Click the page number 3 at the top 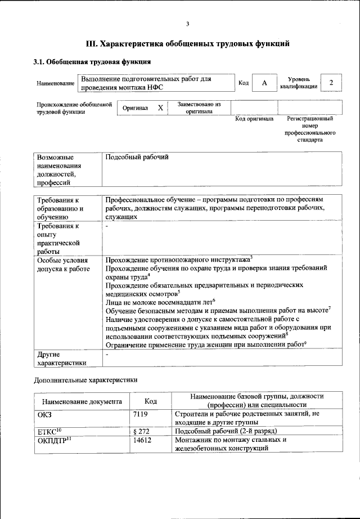(x=188, y=23)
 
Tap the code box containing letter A (x=264, y=83)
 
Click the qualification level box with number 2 (x=331, y=83)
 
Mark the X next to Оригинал (x=160, y=108)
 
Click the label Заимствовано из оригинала (x=199, y=108)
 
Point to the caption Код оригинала (x=254, y=119)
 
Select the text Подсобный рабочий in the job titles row (x=137, y=158)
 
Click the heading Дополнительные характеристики (x=85, y=379)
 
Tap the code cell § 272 (x=142, y=431)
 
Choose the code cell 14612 (x=143, y=440)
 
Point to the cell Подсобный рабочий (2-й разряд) (x=226, y=431)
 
